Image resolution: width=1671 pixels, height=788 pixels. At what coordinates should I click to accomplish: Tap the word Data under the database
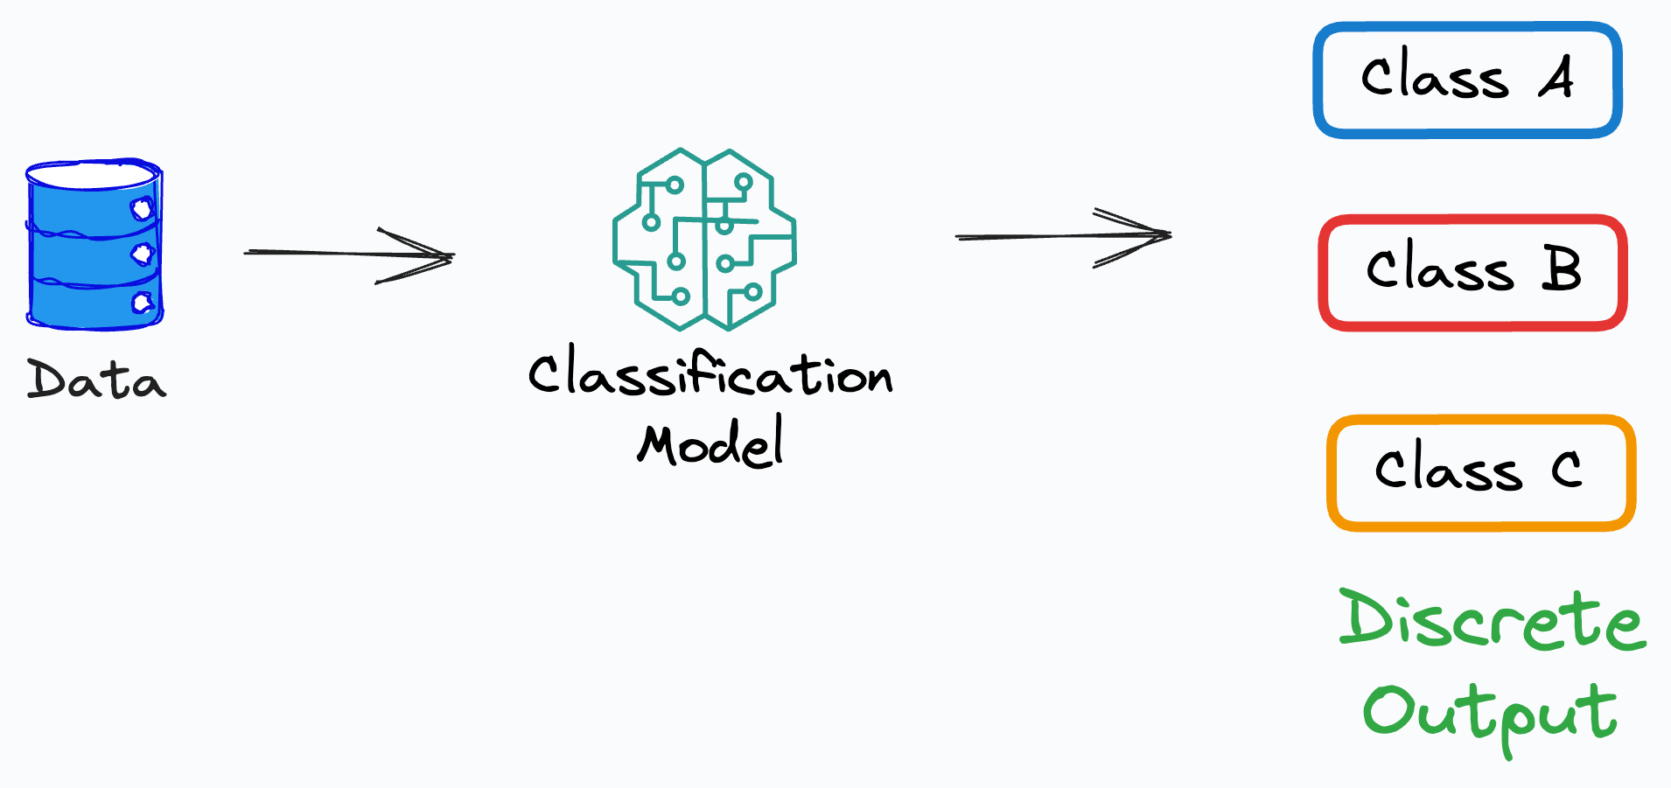[x=96, y=380]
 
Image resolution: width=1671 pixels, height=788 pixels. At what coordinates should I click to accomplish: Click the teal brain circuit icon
[x=704, y=240]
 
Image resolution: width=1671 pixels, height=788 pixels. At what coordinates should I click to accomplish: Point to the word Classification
[x=710, y=374]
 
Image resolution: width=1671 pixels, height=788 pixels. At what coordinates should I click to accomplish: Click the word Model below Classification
[x=710, y=444]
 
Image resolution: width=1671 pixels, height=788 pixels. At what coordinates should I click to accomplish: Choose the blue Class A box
[x=1467, y=80]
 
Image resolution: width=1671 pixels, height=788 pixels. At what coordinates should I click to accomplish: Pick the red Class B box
[x=1472, y=272]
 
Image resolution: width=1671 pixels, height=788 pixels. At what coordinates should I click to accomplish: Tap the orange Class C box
[x=1480, y=472]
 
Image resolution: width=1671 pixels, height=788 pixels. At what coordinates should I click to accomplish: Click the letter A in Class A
[x=1557, y=77]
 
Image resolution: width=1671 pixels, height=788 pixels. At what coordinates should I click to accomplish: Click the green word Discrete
[x=1492, y=621]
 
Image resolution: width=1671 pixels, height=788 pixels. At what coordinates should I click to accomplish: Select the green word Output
[x=1490, y=713]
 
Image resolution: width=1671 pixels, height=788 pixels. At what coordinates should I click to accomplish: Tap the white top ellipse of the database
[x=94, y=175]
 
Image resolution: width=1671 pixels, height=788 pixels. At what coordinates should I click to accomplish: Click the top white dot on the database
[x=142, y=209]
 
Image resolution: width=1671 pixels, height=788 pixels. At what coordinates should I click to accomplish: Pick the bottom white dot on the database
[x=142, y=303]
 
